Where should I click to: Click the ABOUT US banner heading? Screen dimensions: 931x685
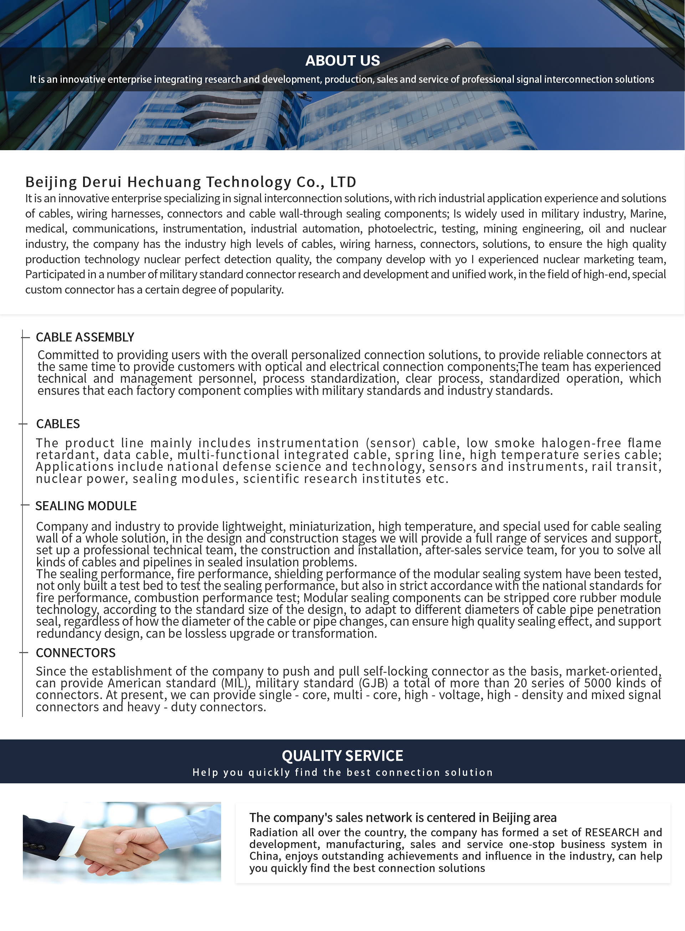coord(342,61)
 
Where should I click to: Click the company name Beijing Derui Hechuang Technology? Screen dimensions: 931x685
coord(191,182)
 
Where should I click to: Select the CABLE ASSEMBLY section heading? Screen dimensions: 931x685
coord(85,337)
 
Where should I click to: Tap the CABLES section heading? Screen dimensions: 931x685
coord(58,424)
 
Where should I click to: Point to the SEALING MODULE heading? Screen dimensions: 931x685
coord(86,506)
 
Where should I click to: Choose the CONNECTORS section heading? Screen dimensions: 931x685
coord(76,653)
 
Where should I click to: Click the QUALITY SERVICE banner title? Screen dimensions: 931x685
coord(342,756)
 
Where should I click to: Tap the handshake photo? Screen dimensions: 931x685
coord(122,842)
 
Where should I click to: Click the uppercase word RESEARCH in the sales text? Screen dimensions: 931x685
coord(612,832)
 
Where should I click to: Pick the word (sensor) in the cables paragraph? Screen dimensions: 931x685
coord(390,443)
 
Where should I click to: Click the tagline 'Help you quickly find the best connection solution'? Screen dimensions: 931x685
coord(342,772)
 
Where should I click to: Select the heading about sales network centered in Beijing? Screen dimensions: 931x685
coord(403,817)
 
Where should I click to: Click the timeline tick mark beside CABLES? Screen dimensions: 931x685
coord(23,424)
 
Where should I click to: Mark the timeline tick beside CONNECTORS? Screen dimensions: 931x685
coord(23,653)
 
